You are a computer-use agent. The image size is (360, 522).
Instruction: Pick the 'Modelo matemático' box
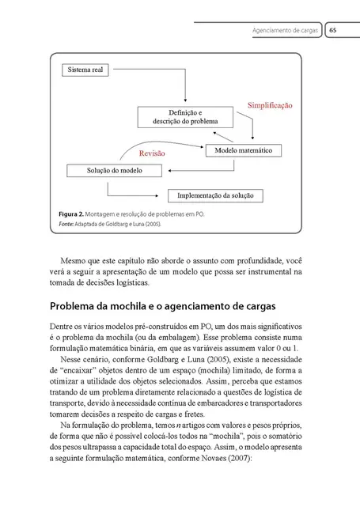coord(244,150)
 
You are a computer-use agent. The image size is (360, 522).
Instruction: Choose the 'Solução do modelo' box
coord(115,170)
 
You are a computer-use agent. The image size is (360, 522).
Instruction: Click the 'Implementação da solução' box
coord(215,195)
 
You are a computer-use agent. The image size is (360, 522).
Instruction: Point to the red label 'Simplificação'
coord(270,105)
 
